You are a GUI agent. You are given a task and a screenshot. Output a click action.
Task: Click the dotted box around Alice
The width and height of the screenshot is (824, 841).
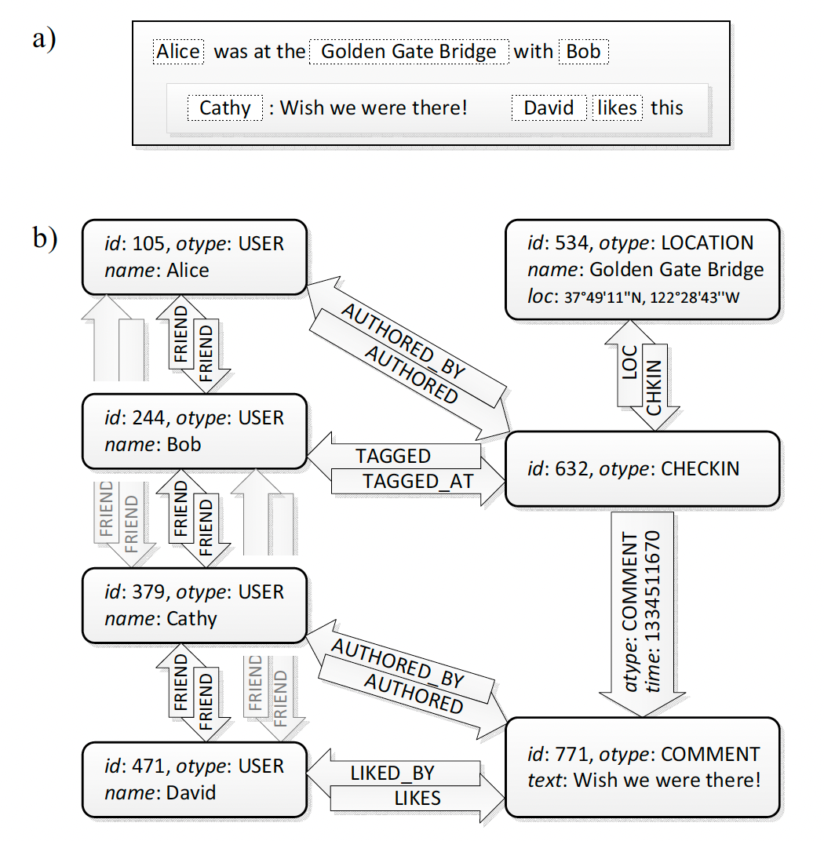click(x=178, y=52)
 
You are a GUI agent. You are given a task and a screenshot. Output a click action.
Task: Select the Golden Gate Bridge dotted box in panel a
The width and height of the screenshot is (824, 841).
click(x=409, y=52)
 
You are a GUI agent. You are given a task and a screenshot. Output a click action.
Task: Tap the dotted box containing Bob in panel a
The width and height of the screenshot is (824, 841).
click(x=583, y=52)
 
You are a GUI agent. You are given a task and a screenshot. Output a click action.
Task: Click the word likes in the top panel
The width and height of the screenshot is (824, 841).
click(x=617, y=107)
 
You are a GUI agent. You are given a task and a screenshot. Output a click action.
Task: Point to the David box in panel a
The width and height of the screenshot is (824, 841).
click(x=549, y=107)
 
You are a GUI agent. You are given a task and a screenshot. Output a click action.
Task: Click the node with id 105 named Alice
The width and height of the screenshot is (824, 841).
click(x=194, y=257)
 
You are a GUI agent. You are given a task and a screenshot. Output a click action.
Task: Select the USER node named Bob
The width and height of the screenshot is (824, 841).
click(x=194, y=431)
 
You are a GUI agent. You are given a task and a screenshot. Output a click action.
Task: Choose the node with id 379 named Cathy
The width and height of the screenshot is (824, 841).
click(x=194, y=605)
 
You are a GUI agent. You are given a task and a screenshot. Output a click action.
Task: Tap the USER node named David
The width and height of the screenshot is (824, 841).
click(x=194, y=779)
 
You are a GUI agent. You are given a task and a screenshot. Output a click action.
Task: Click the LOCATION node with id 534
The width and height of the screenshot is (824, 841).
click(x=643, y=269)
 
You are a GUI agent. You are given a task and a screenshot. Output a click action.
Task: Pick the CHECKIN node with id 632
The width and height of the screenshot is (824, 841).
click(x=643, y=468)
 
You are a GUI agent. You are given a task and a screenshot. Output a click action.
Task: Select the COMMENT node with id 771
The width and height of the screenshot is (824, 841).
click(x=643, y=766)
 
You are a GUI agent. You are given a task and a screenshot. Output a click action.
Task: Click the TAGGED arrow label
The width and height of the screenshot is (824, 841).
click(x=393, y=456)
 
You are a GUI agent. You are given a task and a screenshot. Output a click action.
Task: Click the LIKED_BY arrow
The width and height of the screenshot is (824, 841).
click(x=392, y=773)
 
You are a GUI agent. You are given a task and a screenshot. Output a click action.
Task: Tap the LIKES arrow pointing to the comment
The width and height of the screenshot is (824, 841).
click(x=417, y=799)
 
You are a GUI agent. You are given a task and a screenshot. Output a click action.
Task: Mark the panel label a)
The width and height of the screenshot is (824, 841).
click(x=44, y=37)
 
